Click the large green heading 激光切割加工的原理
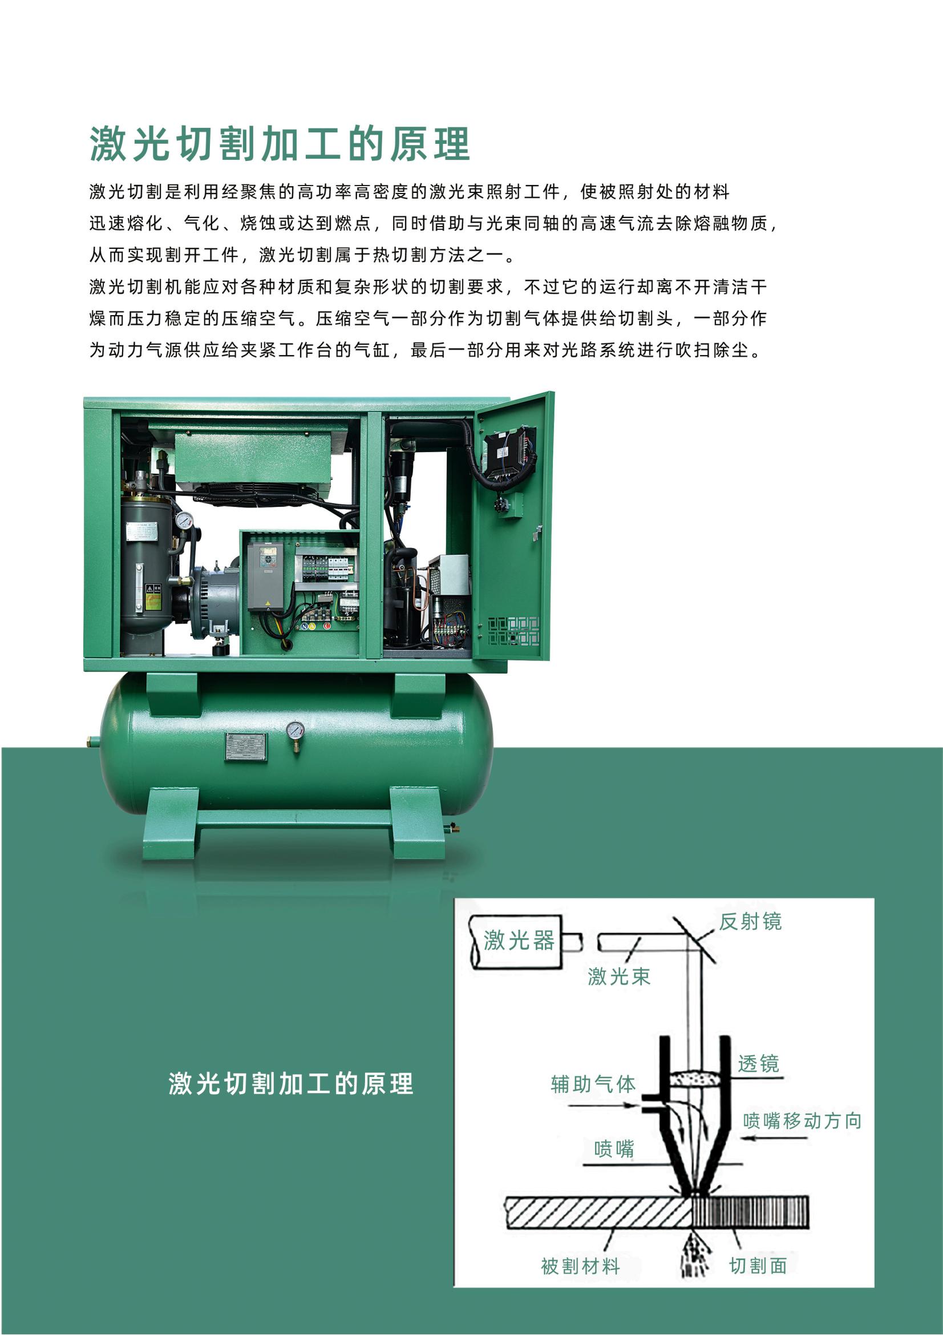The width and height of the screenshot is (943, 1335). pos(280,144)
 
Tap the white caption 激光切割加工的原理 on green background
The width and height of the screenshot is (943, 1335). pos(291,1084)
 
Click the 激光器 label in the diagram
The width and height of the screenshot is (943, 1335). pos(519,940)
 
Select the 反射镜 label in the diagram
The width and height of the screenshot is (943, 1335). pos(750,921)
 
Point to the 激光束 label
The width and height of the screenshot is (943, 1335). pos(619,976)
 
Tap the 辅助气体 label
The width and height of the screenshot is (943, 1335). pos(593,1084)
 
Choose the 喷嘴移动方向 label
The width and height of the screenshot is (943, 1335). pos(802,1120)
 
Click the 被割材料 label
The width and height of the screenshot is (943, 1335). pos(580,1266)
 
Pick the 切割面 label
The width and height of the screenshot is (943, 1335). pos(758,1265)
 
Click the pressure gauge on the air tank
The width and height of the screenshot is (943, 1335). pos(295,731)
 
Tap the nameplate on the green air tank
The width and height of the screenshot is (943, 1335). pos(246,747)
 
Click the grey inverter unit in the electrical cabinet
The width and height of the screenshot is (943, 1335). pos(265,576)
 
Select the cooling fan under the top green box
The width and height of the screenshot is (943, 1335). pos(256,493)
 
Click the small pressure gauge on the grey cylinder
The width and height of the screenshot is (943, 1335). pos(184,520)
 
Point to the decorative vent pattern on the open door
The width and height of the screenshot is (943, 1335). pos(513,631)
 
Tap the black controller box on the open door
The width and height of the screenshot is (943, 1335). pos(511,451)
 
